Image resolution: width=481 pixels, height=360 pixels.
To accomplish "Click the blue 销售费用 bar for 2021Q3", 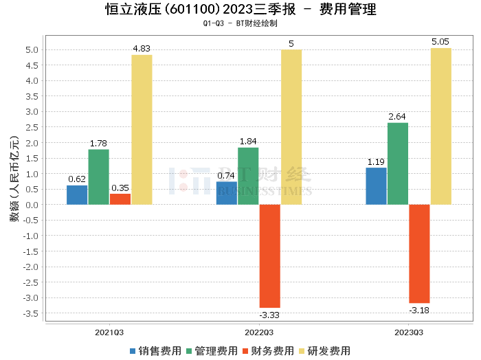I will click(x=77, y=195).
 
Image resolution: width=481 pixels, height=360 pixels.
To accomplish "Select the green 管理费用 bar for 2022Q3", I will click(x=248, y=176).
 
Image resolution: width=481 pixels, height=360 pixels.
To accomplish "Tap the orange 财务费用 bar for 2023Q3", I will click(x=419, y=254).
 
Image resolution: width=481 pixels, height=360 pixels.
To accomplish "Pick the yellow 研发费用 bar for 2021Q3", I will click(x=142, y=130).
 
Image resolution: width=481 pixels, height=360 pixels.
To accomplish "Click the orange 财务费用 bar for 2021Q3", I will click(x=120, y=199).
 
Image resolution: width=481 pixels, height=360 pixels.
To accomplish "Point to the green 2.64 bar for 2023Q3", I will click(x=398, y=164).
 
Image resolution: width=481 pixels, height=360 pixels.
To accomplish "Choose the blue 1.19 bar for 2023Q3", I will click(x=376, y=186).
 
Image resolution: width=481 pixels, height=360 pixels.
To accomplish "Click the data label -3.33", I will click(x=269, y=315).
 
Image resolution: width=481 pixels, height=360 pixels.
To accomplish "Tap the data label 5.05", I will click(x=440, y=42).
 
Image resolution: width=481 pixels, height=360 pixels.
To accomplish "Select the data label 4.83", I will click(x=142, y=49).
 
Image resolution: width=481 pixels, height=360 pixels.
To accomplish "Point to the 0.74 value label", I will click(x=226, y=175).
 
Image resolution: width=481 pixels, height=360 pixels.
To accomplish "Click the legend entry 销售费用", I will click(x=155, y=350).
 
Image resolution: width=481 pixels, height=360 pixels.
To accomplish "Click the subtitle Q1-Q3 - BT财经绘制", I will click(x=240, y=24).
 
